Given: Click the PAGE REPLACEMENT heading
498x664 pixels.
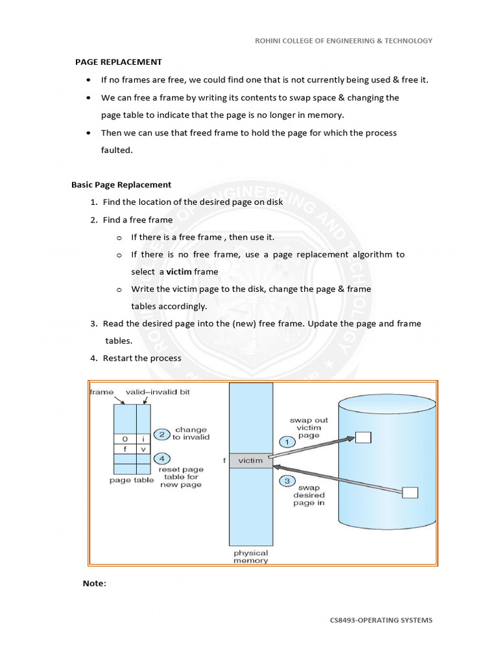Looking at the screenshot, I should [x=118, y=62].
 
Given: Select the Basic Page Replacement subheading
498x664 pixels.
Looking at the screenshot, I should [x=121, y=185].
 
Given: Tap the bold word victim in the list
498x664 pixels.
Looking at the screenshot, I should [x=179, y=272].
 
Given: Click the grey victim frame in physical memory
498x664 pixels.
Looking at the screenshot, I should [x=250, y=460].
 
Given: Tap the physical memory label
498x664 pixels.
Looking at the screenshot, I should [x=250, y=556].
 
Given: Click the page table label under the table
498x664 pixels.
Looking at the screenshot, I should [x=132, y=480].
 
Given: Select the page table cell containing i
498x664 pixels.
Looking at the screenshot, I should [x=143, y=438].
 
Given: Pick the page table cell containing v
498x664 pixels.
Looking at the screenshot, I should [x=143, y=448].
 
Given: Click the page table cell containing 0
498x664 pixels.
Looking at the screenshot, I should [x=125, y=438].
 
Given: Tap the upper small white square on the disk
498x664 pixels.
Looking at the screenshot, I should [x=363, y=438].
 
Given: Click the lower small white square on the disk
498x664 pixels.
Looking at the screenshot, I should [x=410, y=493].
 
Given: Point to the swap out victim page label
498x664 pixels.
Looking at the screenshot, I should [x=309, y=429].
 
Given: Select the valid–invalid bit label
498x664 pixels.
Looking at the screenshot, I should [x=158, y=392].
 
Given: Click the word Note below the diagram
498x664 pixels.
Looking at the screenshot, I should [x=93, y=583].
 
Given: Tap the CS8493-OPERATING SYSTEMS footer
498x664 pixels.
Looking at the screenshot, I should [x=381, y=620].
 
